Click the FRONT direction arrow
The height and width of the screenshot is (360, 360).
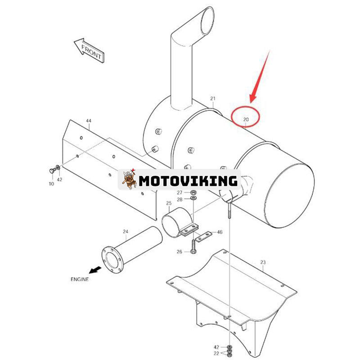(89, 50)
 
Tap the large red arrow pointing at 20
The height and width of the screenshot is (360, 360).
(260, 77)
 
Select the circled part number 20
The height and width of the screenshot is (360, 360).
(246, 119)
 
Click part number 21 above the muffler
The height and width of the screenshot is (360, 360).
(213, 99)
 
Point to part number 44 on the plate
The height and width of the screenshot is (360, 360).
(89, 121)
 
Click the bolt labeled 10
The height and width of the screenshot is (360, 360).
(53, 171)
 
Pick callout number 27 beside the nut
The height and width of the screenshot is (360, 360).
(180, 193)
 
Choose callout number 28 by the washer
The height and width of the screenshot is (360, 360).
(180, 199)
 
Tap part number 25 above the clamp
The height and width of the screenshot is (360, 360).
(169, 203)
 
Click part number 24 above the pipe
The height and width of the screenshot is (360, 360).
(126, 231)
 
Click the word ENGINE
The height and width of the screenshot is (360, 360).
(80, 279)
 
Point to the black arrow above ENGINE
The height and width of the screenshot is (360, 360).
(95, 270)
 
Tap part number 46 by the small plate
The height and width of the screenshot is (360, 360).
(220, 232)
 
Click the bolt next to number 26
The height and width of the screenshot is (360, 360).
(193, 247)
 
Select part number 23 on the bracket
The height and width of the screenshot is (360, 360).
(263, 262)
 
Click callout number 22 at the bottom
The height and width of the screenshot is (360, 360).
(216, 354)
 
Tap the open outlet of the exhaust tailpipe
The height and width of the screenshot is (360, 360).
(207, 21)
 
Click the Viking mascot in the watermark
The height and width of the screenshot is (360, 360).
(129, 179)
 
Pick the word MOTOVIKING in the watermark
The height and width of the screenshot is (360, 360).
(188, 181)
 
